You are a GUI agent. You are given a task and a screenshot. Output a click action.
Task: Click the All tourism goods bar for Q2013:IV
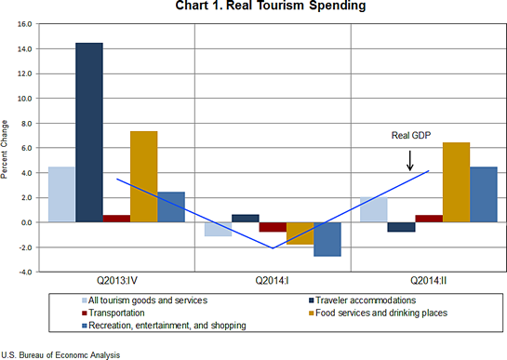coord(61,193)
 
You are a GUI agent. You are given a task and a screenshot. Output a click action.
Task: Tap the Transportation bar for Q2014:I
coord(274,227)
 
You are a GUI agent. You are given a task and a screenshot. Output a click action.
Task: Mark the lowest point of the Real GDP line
coord(273,248)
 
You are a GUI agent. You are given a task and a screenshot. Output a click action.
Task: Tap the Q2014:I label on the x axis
coord(273,281)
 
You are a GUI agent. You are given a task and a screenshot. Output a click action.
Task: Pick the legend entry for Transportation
coord(118,313)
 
